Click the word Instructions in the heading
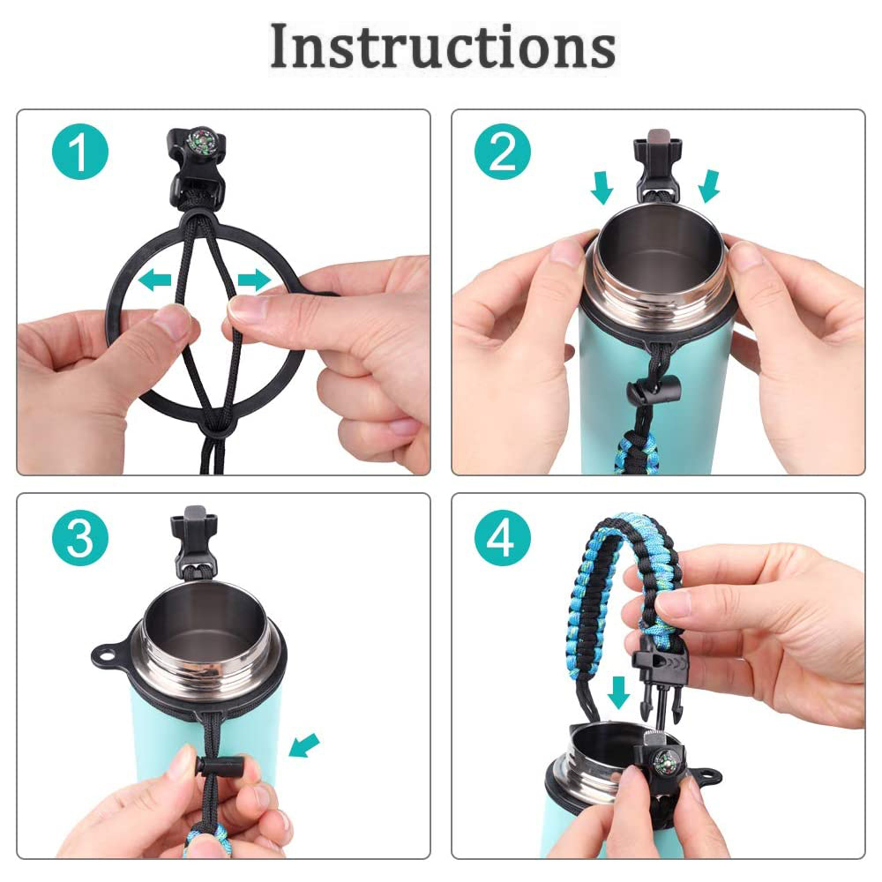click(x=443, y=46)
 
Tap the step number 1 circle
click(x=80, y=152)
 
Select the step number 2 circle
click(x=503, y=152)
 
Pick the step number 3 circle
click(x=80, y=538)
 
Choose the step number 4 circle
click(x=503, y=538)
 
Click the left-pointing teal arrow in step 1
click(x=154, y=279)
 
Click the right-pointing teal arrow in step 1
click(x=254, y=280)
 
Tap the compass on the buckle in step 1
click(x=201, y=139)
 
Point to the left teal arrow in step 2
click(x=602, y=187)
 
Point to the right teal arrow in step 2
click(x=709, y=186)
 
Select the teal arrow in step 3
click(x=303, y=745)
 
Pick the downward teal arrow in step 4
click(x=619, y=692)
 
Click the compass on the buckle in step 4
click(x=664, y=761)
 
